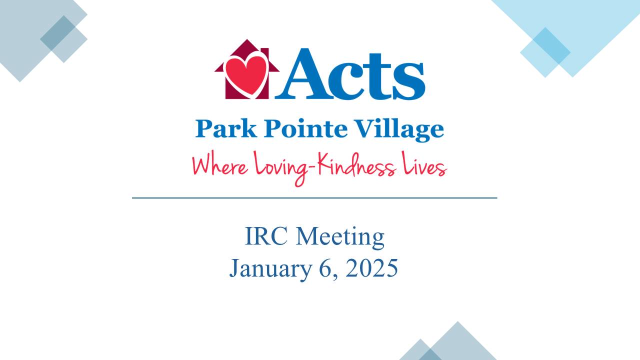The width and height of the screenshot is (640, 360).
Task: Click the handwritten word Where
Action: tap(220, 165)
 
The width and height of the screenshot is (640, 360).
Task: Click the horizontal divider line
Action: tap(314, 198)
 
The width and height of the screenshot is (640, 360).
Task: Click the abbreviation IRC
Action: tap(266, 236)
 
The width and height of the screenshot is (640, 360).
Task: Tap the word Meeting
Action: tap(340, 237)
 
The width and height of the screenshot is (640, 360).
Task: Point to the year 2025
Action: tap(371, 268)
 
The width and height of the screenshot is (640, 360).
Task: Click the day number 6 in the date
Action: tap(325, 268)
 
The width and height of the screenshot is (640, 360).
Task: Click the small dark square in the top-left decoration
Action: tap(63, 38)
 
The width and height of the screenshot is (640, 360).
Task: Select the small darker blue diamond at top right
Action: tap(545, 52)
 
